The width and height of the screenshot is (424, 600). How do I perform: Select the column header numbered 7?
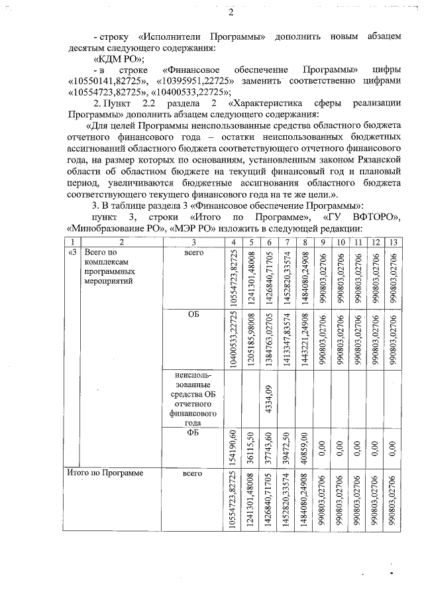286,241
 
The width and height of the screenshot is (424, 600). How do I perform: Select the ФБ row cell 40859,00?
303,448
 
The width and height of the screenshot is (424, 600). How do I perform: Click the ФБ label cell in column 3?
193,433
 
